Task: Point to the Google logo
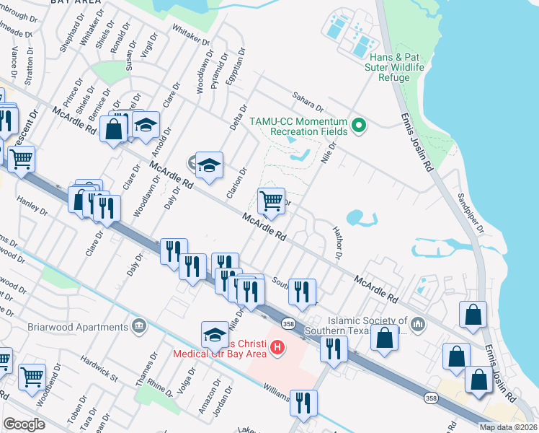[24, 424]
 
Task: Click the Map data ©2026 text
[509, 427]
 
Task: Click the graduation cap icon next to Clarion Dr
[209, 165]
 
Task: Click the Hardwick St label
[99, 367]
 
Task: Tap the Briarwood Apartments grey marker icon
[139, 326]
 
